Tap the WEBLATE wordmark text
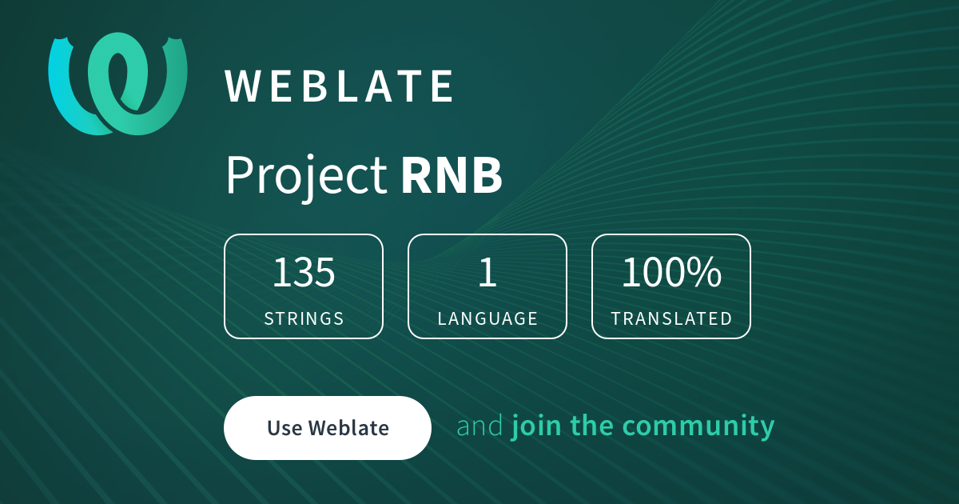click(339, 86)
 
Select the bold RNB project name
click(452, 175)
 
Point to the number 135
click(304, 272)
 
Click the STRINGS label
click(304, 318)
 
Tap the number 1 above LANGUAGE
click(487, 272)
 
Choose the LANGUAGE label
click(487, 318)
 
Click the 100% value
click(671, 272)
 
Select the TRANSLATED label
click(671, 318)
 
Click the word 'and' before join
click(480, 426)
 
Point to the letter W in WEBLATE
click(243, 86)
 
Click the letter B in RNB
click(487, 175)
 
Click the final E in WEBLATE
click(442, 86)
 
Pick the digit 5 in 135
click(324, 272)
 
